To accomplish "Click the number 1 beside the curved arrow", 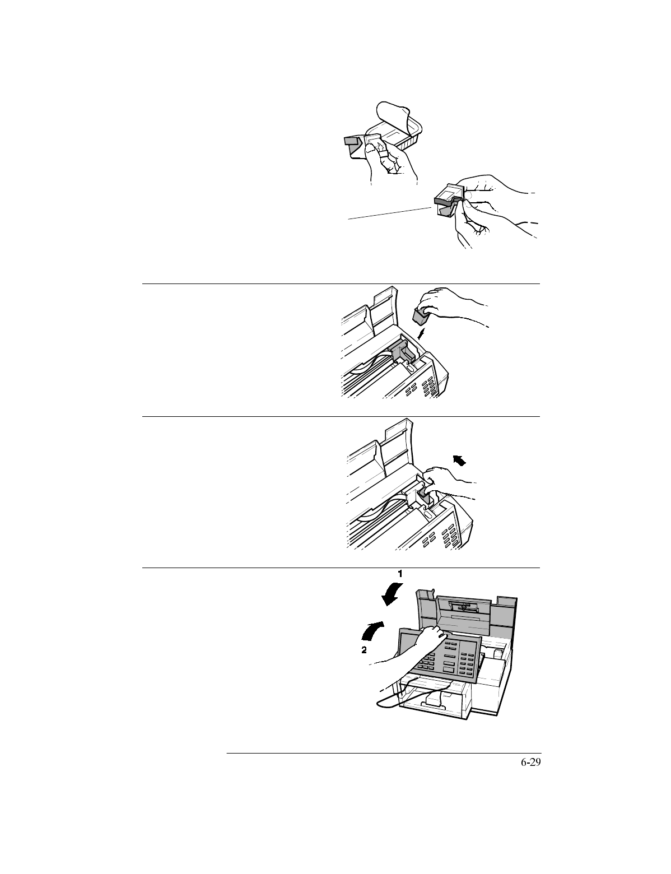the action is [400, 574].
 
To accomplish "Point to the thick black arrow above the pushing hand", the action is [459, 461].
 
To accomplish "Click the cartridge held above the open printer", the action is [421, 317].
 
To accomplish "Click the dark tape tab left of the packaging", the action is [353, 143].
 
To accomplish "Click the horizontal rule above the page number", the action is [384, 754].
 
